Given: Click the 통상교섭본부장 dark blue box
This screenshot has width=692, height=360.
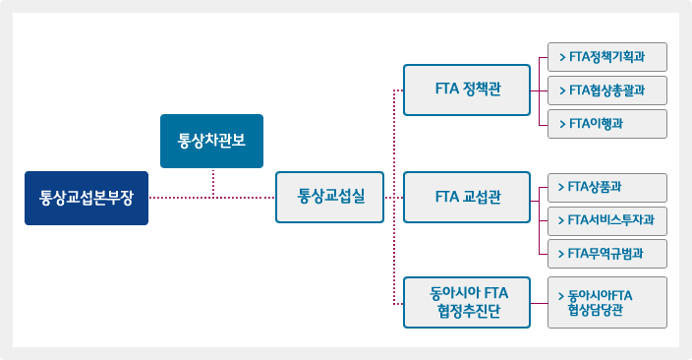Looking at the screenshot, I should click(86, 198).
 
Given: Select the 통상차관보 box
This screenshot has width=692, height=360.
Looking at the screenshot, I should click(211, 141).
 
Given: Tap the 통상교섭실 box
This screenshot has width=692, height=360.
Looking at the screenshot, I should click(329, 198).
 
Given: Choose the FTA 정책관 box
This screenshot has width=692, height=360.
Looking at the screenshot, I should click(467, 90).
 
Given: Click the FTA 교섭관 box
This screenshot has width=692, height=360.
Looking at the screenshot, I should click(467, 198).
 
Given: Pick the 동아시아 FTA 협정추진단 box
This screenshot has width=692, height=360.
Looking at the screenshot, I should click(467, 303).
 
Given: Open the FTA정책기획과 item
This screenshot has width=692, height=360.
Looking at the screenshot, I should click(607, 57).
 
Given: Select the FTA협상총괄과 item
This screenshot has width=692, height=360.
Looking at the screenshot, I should click(607, 90).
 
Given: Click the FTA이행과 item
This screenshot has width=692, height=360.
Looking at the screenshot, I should click(607, 124).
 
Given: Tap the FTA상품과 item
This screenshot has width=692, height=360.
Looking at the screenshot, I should click(607, 187).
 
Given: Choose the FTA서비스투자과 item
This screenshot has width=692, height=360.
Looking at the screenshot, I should click(607, 220).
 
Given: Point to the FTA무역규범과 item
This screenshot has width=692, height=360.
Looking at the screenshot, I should click(607, 254).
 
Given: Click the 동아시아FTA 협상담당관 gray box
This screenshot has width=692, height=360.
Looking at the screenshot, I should click(607, 303).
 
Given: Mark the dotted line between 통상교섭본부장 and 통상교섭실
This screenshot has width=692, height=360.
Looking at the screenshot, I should click(211, 198).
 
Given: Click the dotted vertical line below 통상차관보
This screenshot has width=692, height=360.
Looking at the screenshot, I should click(212, 182).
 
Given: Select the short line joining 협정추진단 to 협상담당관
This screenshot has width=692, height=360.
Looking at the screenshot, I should click(539, 303).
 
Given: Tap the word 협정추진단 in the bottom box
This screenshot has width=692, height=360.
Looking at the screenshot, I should click(467, 313).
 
